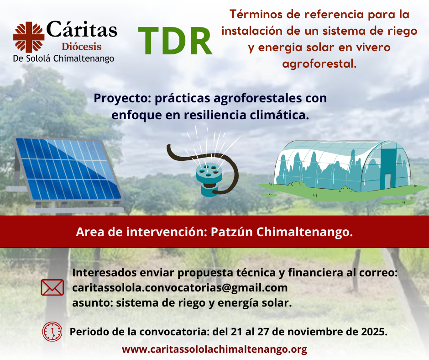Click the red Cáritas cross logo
[x=29, y=37]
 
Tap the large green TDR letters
[x=175, y=41]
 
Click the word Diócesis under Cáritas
[x=82, y=47]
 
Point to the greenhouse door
[x=387, y=181]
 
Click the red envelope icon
[x=52, y=287]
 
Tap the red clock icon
[x=52, y=332]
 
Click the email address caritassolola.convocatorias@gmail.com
[x=180, y=288]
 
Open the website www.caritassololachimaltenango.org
[x=214, y=349]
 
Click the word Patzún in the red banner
[x=232, y=232]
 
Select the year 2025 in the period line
[x=374, y=332]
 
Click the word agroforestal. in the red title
[x=319, y=64]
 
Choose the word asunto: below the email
[x=92, y=303]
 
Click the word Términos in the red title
[x=257, y=14]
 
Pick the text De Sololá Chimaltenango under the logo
[x=63, y=58]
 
